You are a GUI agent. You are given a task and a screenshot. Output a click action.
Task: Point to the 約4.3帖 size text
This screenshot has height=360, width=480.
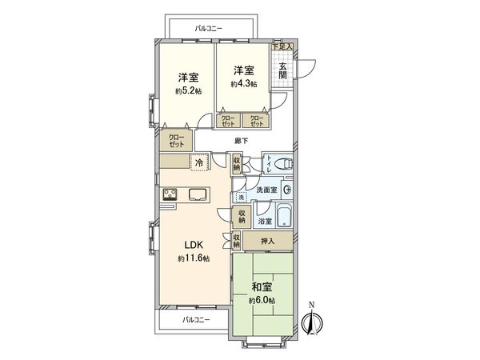(x=245, y=84)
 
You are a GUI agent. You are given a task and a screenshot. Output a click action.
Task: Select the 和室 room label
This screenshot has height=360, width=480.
(x=261, y=286)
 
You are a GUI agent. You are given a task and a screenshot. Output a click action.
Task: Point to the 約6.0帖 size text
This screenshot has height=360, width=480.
(x=261, y=300)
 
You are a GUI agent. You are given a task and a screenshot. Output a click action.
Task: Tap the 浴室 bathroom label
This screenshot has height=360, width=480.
(x=264, y=220)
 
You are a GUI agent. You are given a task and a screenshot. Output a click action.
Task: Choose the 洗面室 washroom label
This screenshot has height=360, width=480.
(x=266, y=190)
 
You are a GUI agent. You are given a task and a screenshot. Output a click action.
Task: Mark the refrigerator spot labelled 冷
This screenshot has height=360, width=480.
(x=198, y=162)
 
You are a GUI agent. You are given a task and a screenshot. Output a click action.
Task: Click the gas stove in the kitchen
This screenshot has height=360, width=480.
(x=170, y=194)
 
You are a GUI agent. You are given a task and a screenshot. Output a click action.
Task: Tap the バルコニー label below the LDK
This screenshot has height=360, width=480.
(x=195, y=319)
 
